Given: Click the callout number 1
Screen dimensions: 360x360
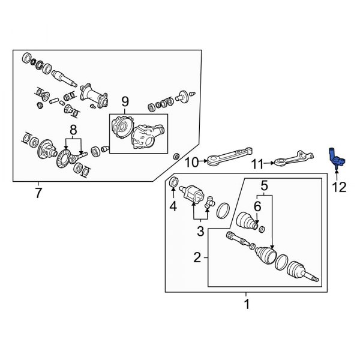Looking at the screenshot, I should coord(245,305).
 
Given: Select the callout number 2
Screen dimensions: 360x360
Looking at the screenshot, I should coord(197,258).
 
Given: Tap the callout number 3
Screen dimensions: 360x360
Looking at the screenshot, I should coord(202,231).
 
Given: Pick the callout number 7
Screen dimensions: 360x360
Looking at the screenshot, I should coord(39,193).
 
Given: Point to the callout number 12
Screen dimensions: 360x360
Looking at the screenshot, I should coord(339,187).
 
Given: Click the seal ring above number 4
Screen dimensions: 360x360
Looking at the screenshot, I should coord(173,182).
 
